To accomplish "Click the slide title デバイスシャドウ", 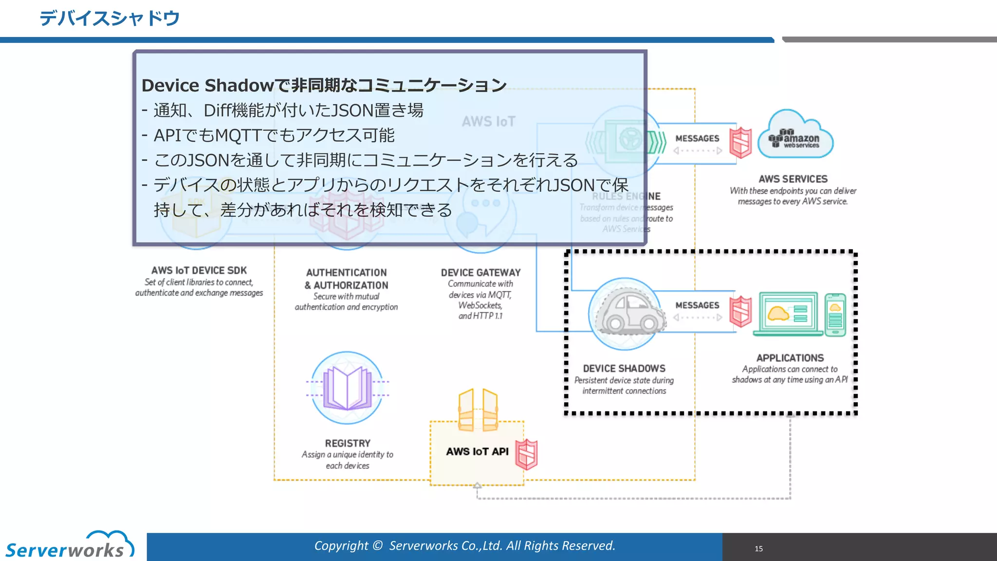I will [x=110, y=19].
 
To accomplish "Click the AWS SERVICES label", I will [x=793, y=179].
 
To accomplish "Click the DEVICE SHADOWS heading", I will [x=624, y=369].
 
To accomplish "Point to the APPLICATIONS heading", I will [x=790, y=358].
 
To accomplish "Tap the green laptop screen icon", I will [x=788, y=313].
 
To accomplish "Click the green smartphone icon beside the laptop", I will [x=835, y=315].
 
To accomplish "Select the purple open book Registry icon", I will [x=347, y=388].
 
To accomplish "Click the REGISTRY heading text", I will [x=348, y=443].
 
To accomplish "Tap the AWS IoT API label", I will [x=477, y=451].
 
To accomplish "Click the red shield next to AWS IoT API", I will [x=527, y=454].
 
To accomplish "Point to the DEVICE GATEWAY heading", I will [x=480, y=273].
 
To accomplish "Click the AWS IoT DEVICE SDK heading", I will [x=199, y=270].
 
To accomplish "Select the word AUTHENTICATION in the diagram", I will [x=346, y=273].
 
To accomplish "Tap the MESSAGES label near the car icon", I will [x=697, y=305].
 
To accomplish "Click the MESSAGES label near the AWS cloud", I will [x=697, y=138].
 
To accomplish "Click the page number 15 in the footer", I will [x=758, y=548].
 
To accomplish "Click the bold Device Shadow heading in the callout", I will [x=324, y=85].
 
